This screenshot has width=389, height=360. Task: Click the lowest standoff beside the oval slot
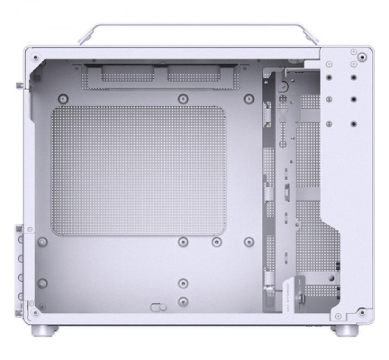tap(182, 302)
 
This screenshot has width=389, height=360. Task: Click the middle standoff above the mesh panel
tap(182, 98)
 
